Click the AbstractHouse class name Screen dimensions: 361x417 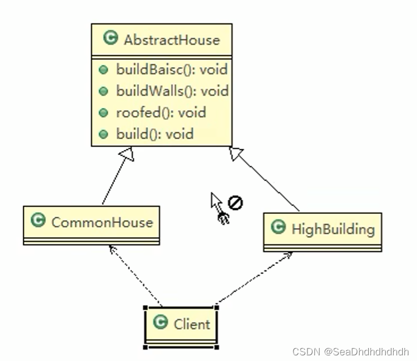(x=171, y=40)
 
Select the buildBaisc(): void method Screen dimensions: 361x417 (x=171, y=70)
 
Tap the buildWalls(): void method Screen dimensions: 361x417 (x=172, y=91)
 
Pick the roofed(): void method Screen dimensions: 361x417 (x=161, y=113)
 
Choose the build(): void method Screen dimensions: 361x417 (x=155, y=134)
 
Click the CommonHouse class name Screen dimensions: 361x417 (x=102, y=222)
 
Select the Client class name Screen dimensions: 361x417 (x=192, y=324)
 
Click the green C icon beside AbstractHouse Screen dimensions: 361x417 (x=110, y=39)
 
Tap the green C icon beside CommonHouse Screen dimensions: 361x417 (x=38, y=221)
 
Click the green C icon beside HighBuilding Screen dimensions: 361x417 (x=278, y=227)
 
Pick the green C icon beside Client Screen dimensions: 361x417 (x=161, y=323)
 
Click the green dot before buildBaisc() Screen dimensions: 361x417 (x=103, y=70)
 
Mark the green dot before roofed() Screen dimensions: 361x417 (x=103, y=113)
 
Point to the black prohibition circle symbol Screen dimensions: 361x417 (x=235, y=202)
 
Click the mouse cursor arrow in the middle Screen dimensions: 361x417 (x=216, y=203)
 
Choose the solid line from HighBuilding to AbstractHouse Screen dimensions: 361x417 (x=267, y=181)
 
